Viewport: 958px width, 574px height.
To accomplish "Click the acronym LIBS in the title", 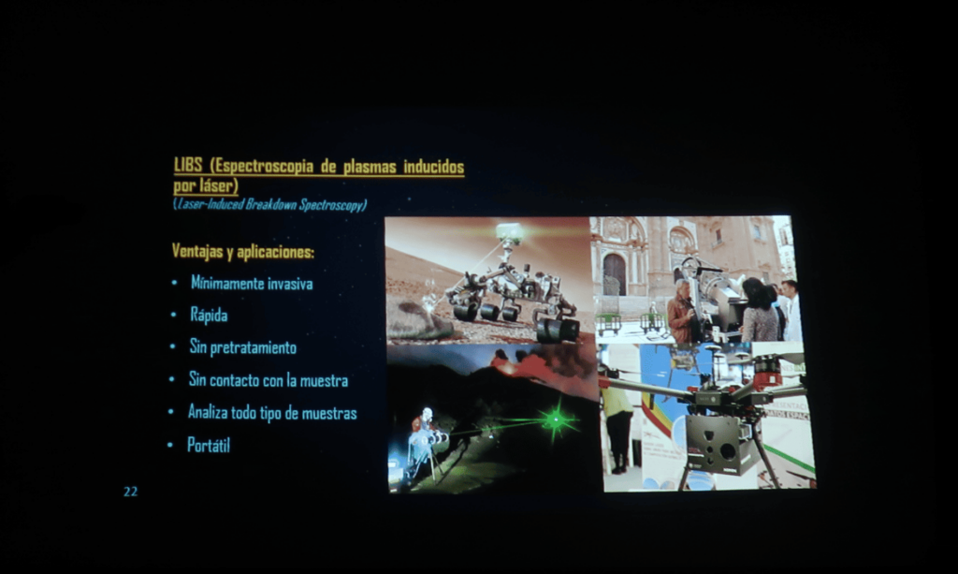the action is [188, 166].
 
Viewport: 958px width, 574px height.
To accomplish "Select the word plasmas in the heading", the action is [369, 167].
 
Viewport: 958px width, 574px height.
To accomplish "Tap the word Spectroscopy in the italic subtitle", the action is [333, 205].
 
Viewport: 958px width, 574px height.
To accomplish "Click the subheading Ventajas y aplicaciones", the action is [243, 251].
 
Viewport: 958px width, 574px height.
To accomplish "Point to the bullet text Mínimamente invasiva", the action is [252, 283].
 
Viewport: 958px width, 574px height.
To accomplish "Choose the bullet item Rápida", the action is [209, 316].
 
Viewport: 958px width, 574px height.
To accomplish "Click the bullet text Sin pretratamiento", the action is [243, 347].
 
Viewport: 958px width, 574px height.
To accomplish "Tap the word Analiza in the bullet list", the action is [207, 412].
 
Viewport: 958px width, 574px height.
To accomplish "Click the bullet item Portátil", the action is [209, 445].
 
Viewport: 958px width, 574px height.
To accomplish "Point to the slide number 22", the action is [131, 492].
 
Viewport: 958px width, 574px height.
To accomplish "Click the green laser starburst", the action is [556, 419].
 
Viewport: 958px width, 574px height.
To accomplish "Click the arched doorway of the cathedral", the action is [614, 274].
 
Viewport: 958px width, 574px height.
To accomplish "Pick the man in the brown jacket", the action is [680, 312].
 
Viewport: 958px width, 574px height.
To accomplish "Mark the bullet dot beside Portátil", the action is [170, 446].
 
